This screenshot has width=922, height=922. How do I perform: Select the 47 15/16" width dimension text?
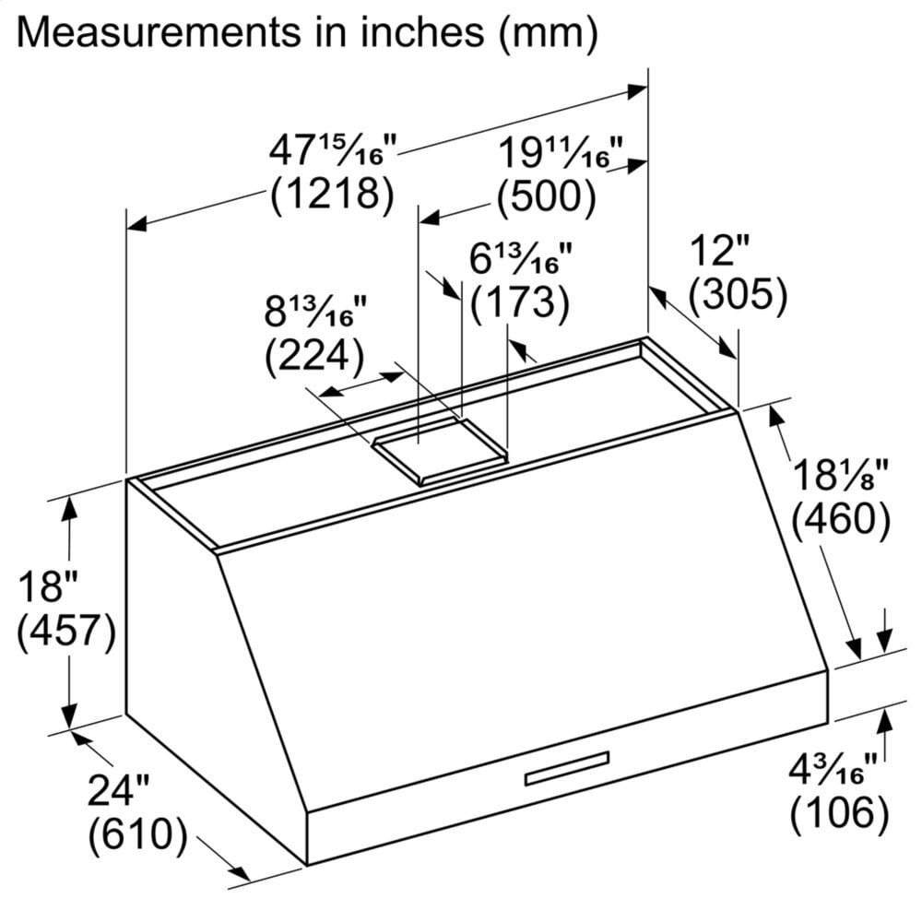click(333, 149)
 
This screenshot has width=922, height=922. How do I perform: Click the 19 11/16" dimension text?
click(561, 152)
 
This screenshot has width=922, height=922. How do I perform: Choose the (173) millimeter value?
click(518, 302)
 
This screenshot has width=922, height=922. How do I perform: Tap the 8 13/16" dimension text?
click(310, 313)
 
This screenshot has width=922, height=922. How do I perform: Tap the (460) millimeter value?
click(841, 522)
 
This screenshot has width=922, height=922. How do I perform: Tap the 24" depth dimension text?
click(119, 790)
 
